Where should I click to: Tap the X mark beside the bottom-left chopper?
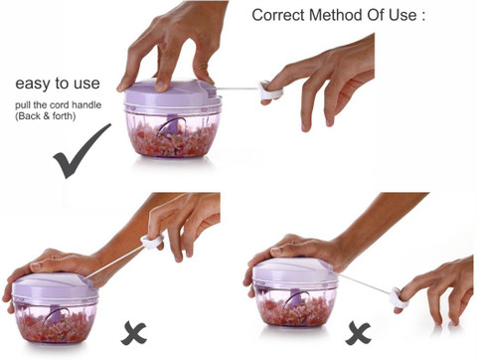[x=133, y=333]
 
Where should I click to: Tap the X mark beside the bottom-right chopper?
[x=358, y=333]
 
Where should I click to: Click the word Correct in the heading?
[x=278, y=15]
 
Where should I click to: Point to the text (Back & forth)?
[x=46, y=116]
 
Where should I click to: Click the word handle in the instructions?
[x=86, y=105]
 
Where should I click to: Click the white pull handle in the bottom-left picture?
[x=152, y=242]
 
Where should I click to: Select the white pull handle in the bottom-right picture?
[x=398, y=298]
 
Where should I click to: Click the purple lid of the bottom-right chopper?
[x=295, y=270]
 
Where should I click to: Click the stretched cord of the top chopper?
[x=238, y=89]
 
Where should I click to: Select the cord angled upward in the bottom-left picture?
[x=114, y=262]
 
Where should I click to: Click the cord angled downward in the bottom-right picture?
[x=364, y=282]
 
